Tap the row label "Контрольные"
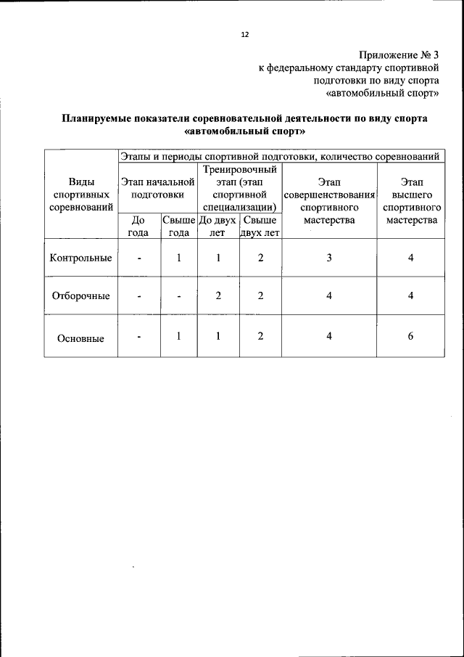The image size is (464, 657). coord(80,258)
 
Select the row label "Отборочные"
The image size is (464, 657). coord(80,296)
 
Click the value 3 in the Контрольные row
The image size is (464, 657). coord(329,258)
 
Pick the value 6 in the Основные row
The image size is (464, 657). coord(410,335)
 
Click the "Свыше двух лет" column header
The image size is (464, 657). coord(260,226)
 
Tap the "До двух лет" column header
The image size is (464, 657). coord(217,226)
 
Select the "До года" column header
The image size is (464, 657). coord(138,226)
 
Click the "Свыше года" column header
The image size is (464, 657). coord(178,226)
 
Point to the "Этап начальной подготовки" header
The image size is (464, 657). coord(157,188)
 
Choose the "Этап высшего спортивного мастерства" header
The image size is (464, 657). coord(410,200)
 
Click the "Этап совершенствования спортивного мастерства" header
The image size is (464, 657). coord(329,200)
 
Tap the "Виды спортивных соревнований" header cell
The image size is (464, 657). coord(80,195)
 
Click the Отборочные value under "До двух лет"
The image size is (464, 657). coord(218,295)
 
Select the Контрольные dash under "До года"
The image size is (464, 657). coord(138,258)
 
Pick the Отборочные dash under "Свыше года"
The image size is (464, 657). coord(178,296)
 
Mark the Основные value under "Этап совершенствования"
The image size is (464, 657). coord(329,335)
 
